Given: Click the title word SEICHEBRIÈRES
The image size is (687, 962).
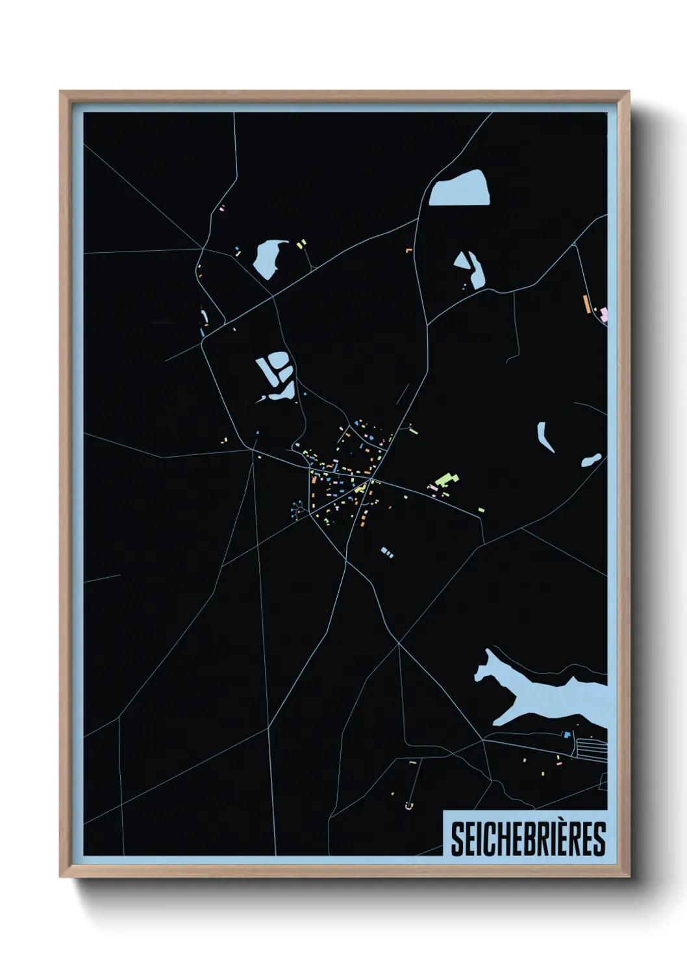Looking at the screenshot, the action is (527, 839).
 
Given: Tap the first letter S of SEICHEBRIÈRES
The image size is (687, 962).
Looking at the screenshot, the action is (456, 839).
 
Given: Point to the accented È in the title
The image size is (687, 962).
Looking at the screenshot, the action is (560, 839).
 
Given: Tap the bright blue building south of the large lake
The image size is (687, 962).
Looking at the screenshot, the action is (567, 734).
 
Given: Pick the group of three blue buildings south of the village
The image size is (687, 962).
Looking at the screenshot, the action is (386, 552).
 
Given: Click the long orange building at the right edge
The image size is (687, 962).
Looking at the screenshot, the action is (586, 304).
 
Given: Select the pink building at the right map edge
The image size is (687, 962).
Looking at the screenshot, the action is (604, 315).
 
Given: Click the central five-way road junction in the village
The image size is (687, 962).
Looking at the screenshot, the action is (369, 480).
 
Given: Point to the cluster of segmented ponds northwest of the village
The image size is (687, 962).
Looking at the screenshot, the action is (276, 374).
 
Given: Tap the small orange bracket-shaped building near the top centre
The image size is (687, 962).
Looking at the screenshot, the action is (409, 250).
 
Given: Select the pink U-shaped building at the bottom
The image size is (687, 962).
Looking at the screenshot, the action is (408, 806).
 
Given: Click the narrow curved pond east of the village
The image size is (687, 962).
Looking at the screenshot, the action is (544, 437).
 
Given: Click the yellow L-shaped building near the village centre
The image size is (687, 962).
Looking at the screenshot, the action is (359, 487).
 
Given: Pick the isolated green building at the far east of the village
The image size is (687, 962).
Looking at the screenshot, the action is (481, 510).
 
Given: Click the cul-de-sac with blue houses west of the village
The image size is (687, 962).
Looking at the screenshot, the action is (299, 509).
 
